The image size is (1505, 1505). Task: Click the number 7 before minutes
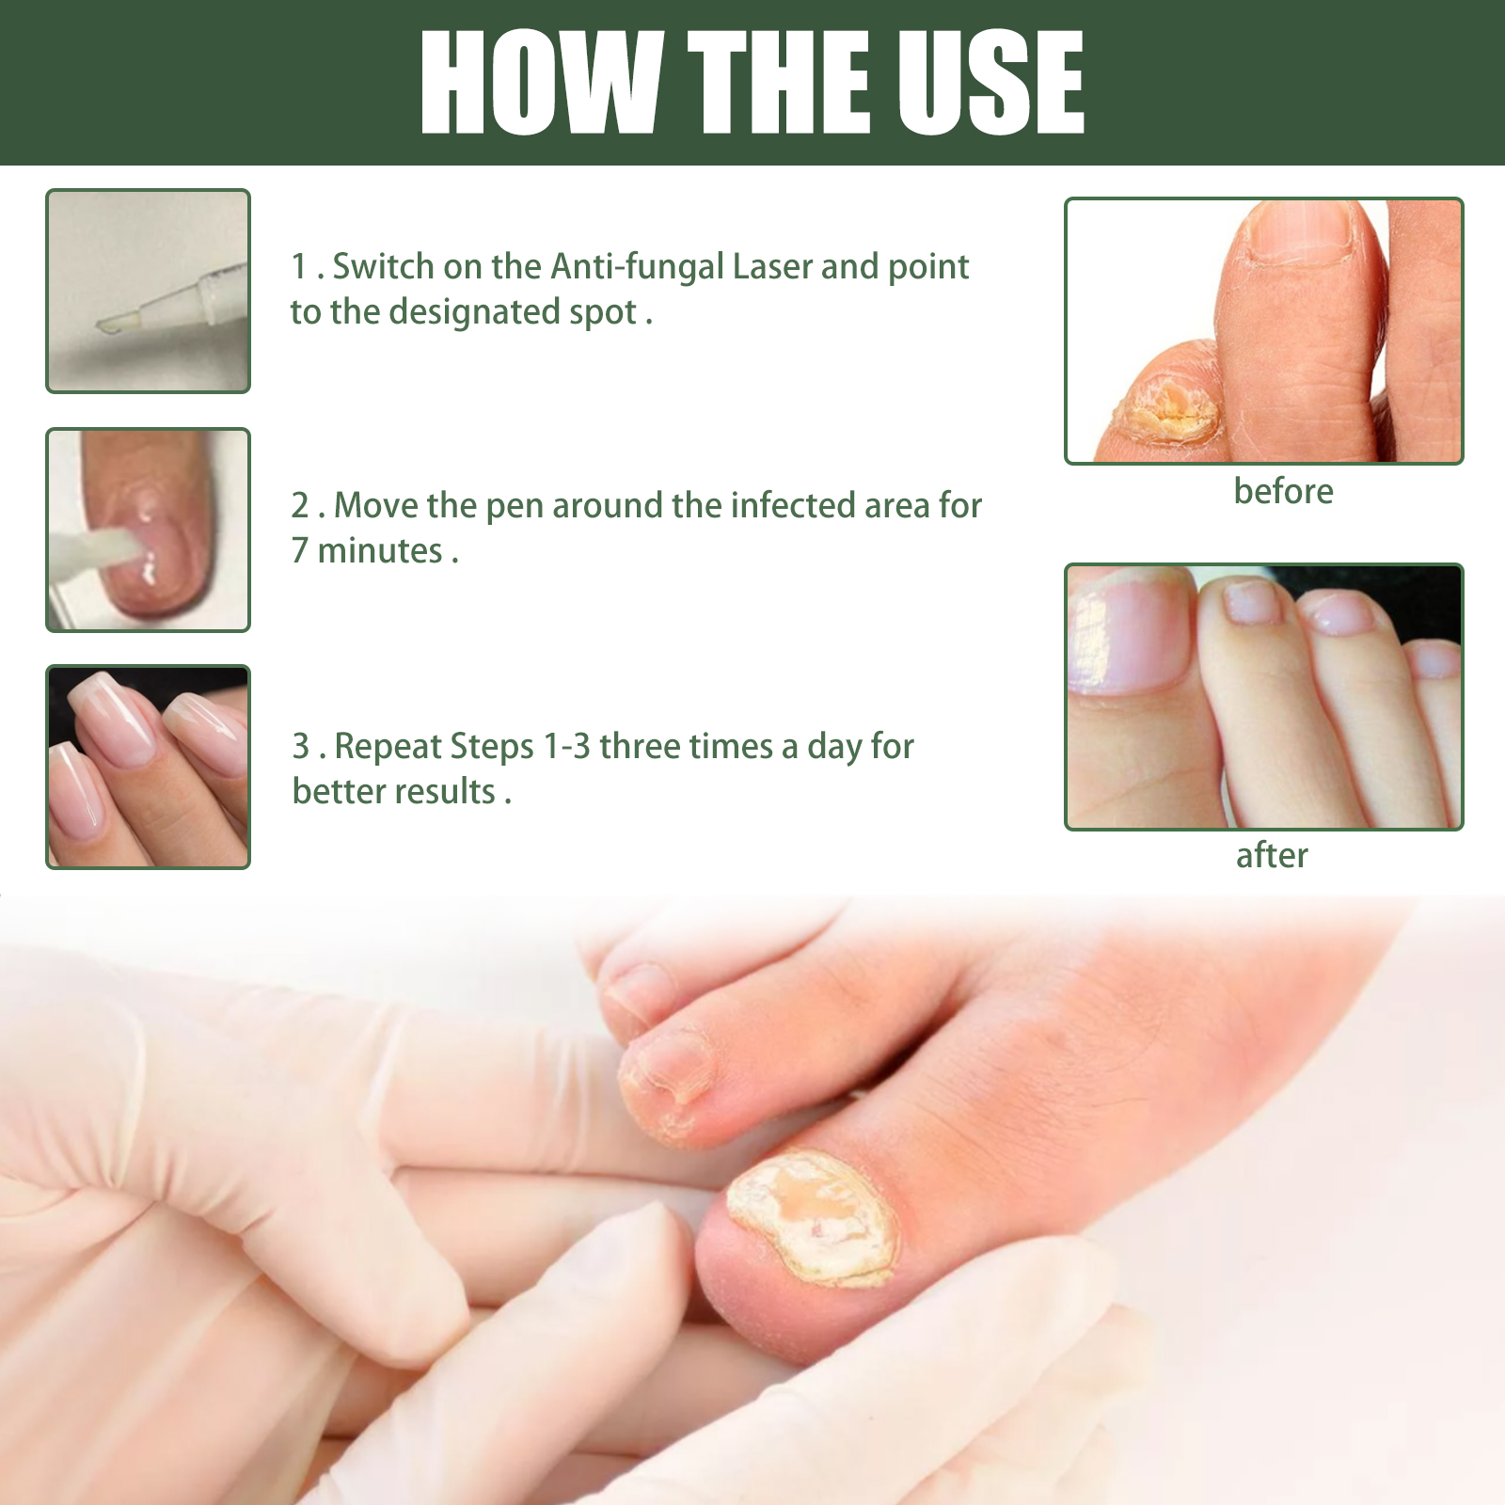click(x=300, y=550)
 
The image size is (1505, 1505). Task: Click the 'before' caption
click(x=1283, y=491)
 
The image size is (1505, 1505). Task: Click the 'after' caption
click(x=1272, y=856)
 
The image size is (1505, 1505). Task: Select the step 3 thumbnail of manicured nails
click(x=149, y=767)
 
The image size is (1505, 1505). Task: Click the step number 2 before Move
click(x=301, y=506)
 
